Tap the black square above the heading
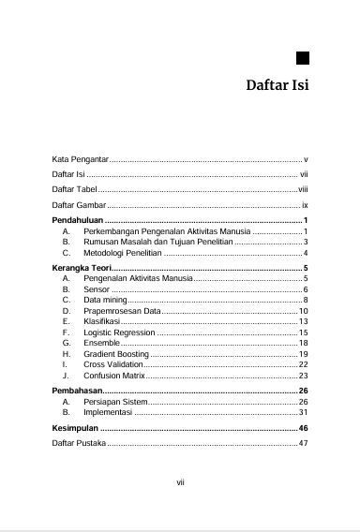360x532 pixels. tap(303, 57)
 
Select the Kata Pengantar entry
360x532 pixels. tap(80, 160)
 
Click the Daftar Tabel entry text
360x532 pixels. tap(74, 189)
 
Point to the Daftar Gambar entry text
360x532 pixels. tap(79, 203)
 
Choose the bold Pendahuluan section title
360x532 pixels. tap(78, 219)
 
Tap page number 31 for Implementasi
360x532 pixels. tap(304, 412)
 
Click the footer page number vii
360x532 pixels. tap(180, 482)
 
